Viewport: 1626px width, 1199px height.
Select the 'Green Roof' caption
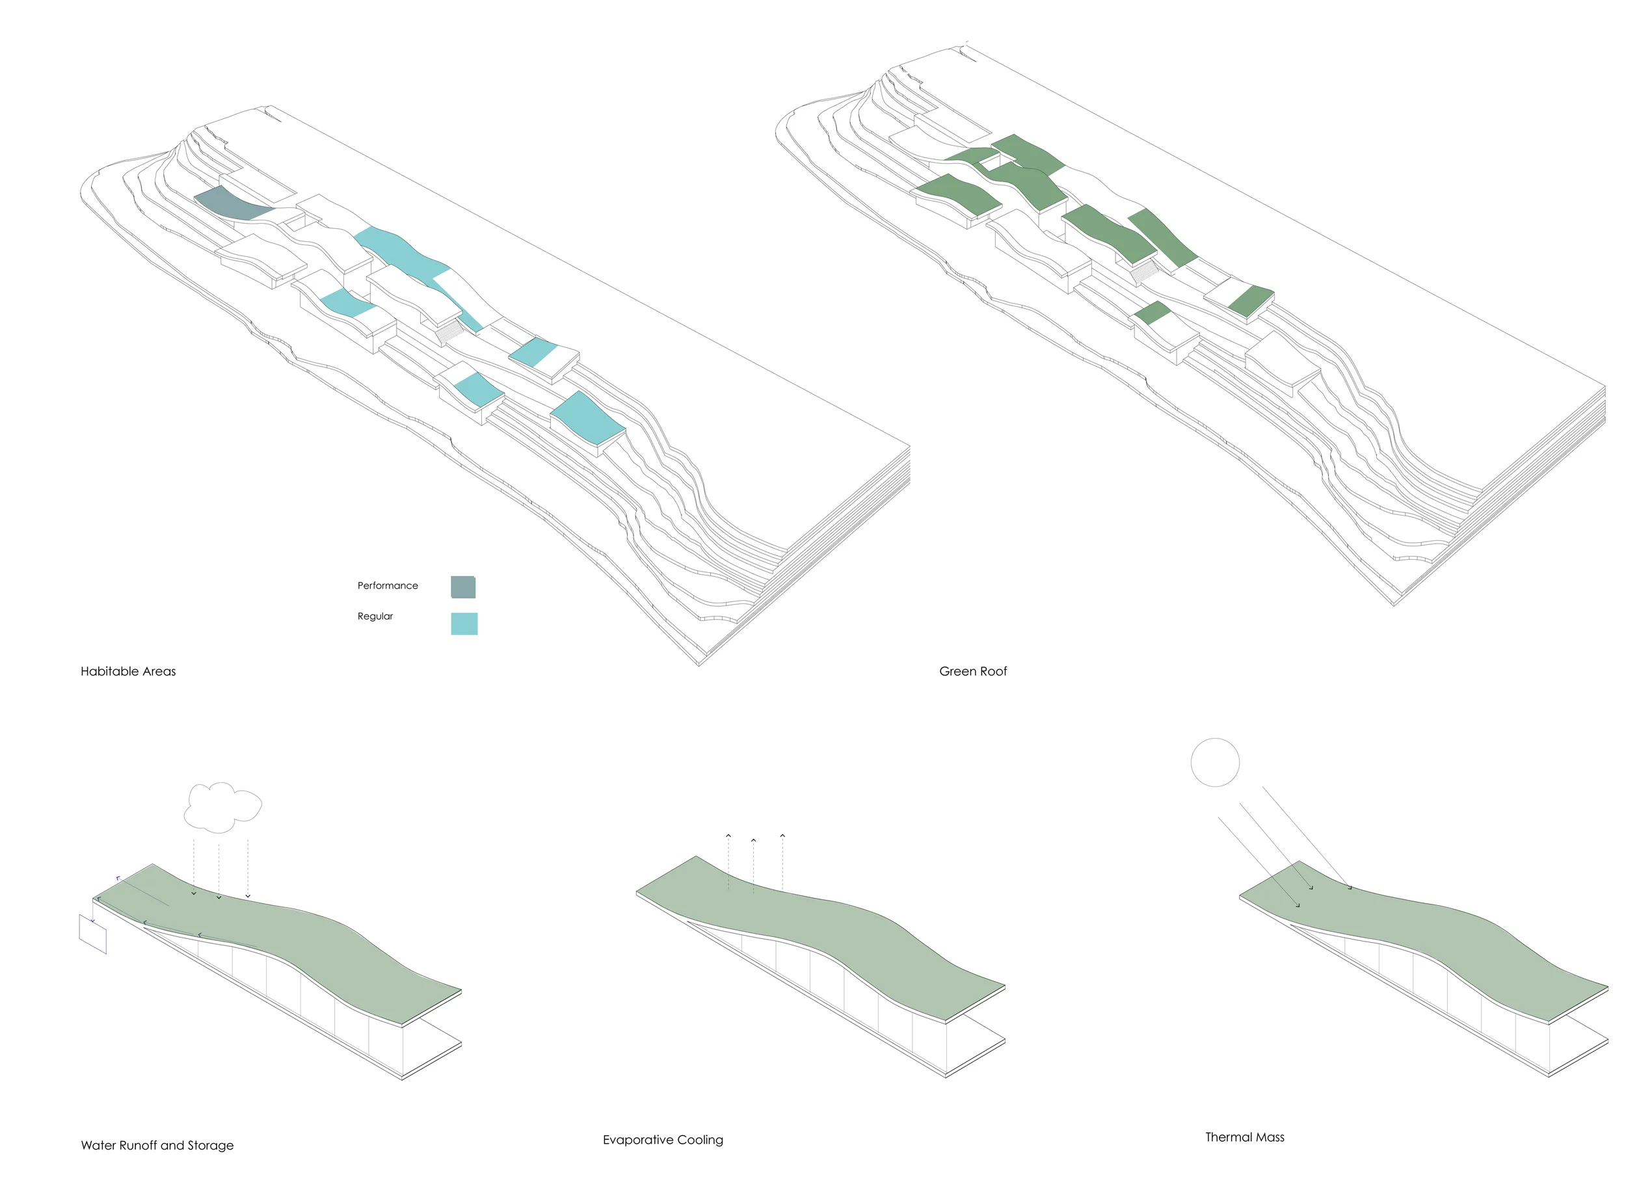pyautogui.click(x=973, y=672)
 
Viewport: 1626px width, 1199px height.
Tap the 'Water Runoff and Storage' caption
pyautogui.click(x=157, y=1145)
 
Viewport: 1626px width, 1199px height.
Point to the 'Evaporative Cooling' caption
pyautogui.click(x=663, y=1139)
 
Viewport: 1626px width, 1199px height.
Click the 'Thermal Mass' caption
pyautogui.click(x=1244, y=1137)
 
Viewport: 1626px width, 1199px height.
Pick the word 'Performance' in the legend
pyautogui.click(x=387, y=586)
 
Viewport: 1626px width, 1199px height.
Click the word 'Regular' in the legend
pyautogui.click(x=375, y=616)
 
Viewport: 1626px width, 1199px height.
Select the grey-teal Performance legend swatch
pyautogui.click(x=463, y=586)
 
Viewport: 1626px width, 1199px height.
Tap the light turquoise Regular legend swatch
pyautogui.click(x=464, y=624)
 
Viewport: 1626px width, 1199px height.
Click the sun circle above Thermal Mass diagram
pyautogui.click(x=1214, y=762)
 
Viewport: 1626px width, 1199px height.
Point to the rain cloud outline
pyautogui.click(x=222, y=806)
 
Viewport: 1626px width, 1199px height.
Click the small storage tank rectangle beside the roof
pyautogui.click(x=93, y=934)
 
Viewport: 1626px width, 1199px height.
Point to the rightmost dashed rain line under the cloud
pyautogui.click(x=248, y=867)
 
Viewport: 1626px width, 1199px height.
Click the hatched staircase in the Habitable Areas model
pyautogui.click(x=450, y=332)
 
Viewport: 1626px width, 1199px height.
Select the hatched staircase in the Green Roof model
pyautogui.click(x=1145, y=273)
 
